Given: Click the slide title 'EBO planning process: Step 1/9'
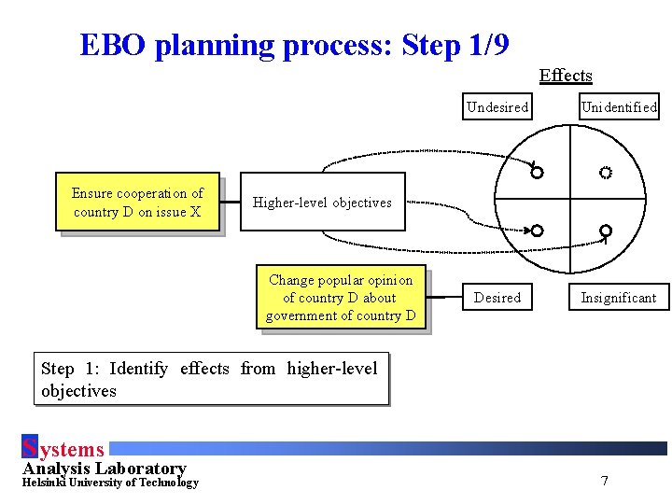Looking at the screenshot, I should pos(294,45).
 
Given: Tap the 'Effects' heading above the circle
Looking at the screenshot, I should pos(566,76).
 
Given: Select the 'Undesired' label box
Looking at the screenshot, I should pos(497,107).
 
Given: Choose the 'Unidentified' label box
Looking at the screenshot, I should pos(619,107).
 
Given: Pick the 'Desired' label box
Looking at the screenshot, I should pos(497,298).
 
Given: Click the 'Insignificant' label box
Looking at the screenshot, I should pos(619,298).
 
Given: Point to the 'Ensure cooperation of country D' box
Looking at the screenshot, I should pos(138,203).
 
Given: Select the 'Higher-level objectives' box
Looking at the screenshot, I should pos(323,202).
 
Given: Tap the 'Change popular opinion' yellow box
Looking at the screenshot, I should pos(341,298).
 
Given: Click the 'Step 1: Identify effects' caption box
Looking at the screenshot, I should pos(210,379).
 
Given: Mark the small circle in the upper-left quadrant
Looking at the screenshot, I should pos(537,173).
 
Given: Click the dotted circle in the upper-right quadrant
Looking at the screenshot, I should pos(605,173).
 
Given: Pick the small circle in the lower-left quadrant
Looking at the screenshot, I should pos(537,231).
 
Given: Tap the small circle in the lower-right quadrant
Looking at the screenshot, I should pos(605,231).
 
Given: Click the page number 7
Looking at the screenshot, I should pos(605,482).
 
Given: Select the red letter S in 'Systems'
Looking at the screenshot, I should pos(29,449).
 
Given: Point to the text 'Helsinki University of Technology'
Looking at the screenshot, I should pos(110,483).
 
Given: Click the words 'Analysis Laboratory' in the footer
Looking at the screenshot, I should pos(105,469).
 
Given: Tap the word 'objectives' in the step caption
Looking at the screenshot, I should pos(78,391).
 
